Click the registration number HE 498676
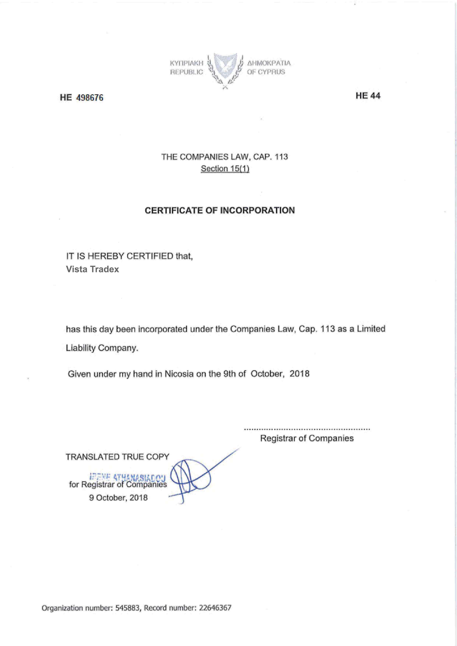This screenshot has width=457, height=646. (82, 98)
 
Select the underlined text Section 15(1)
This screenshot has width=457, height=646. (225, 168)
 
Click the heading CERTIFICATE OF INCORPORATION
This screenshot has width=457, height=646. (220, 210)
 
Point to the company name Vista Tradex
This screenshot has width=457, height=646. (92, 269)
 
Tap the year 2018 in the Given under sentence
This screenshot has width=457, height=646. (300, 374)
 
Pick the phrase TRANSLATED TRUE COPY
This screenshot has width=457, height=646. (117, 457)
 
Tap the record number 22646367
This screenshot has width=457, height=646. (215, 608)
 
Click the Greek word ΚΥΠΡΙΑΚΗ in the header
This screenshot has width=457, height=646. (186, 63)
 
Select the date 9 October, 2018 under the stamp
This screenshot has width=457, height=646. (118, 498)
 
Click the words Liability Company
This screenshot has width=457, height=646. (102, 348)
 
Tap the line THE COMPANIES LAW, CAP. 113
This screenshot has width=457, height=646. (224, 157)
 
